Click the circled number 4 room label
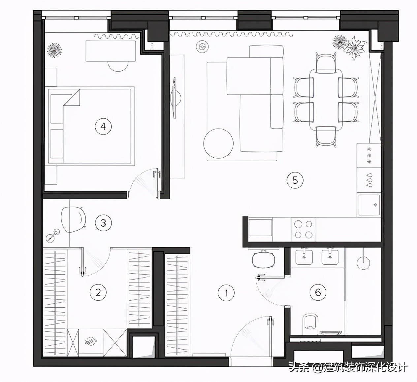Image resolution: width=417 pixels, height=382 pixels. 103,127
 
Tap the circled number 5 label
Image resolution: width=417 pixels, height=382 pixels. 295,180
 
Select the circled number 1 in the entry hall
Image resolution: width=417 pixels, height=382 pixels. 226,293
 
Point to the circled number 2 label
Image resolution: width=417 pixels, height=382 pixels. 98,292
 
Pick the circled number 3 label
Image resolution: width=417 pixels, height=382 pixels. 103,223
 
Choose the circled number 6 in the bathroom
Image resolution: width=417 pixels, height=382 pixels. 318,292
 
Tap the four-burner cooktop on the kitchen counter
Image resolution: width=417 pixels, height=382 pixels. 303,230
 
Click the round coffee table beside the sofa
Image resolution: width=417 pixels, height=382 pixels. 218,143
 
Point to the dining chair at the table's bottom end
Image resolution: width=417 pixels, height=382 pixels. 326,136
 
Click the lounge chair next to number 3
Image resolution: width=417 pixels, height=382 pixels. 73,219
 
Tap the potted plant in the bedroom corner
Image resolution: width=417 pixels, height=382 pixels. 54,50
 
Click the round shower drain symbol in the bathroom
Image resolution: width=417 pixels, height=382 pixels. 363,263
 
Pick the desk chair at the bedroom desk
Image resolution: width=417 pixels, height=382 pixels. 118,66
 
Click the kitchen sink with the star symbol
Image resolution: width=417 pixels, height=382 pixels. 369,205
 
